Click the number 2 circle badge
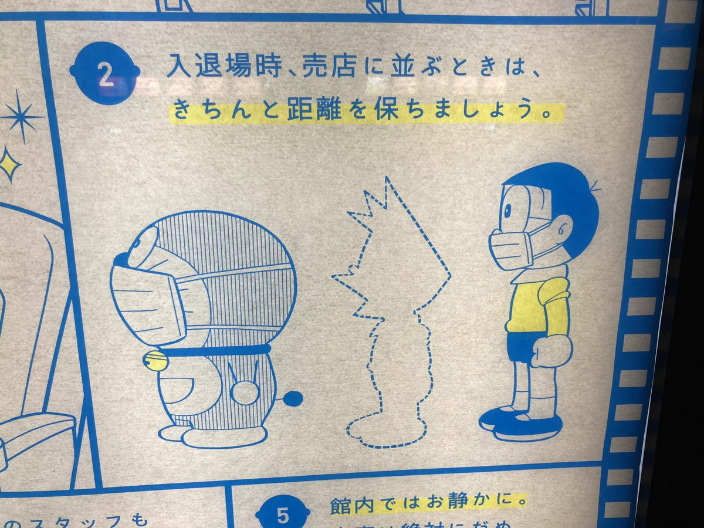point(105,74)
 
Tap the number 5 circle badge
point(283,514)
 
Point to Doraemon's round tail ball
point(294,399)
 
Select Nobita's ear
point(563,225)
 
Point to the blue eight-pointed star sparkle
point(22,117)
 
